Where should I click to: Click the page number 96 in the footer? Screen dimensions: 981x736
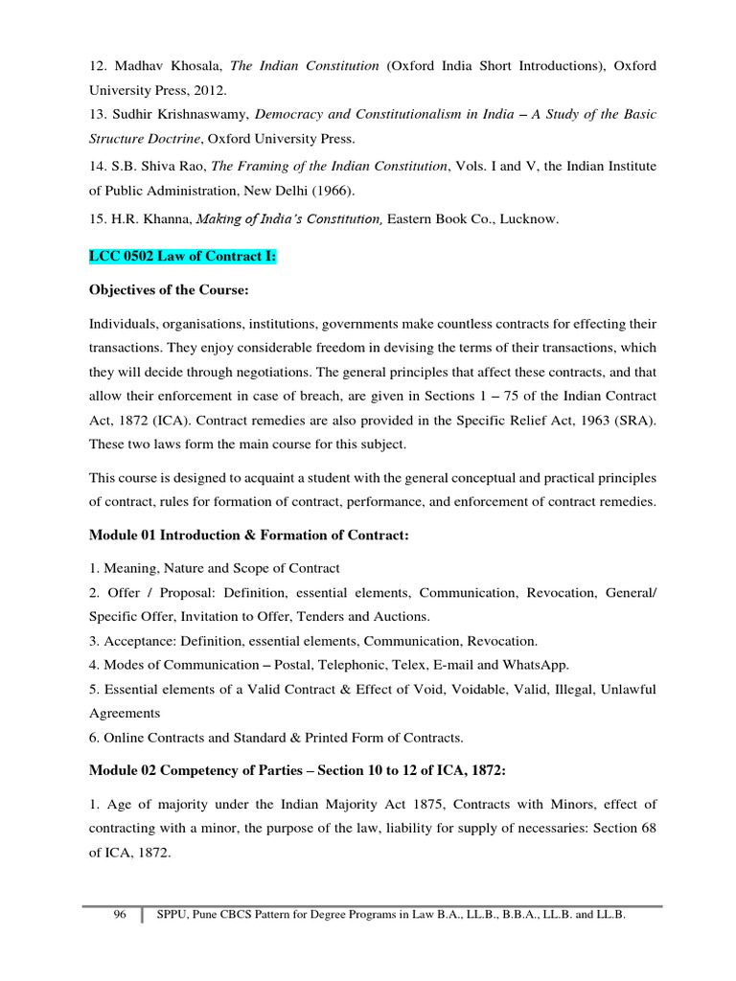120,915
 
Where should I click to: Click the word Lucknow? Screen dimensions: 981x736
526,218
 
